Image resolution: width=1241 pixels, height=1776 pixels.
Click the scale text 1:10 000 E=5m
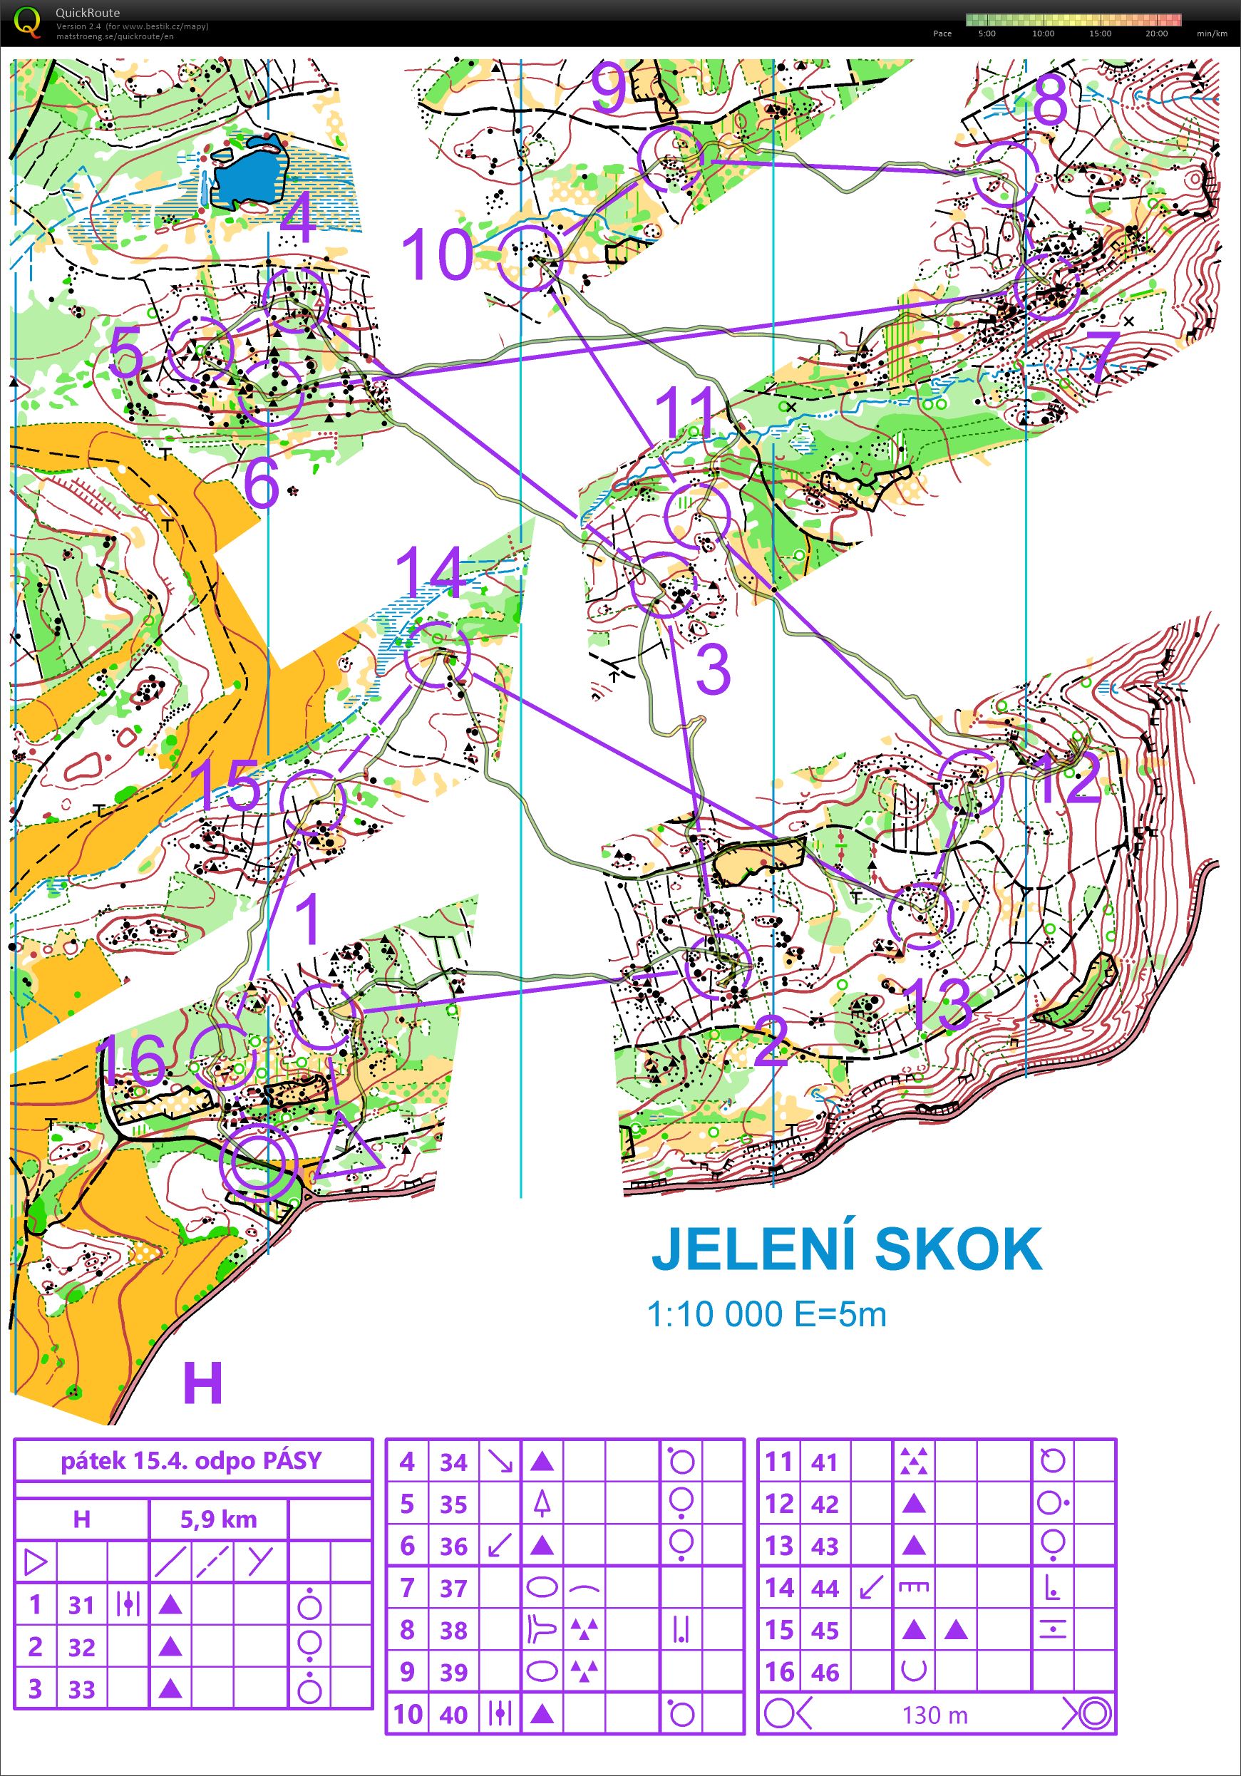[x=766, y=1314]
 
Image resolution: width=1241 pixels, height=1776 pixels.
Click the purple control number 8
[x=1050, y=100]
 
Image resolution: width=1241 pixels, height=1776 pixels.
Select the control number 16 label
[x=132, y=1059]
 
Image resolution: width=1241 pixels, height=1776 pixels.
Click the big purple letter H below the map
[x=202, y=1383]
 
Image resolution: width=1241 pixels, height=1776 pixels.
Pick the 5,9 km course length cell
[x=218, y=1519]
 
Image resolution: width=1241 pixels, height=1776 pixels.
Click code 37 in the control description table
[x=453, y=1588]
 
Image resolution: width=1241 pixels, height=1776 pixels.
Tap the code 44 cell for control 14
[x=825, y=1588]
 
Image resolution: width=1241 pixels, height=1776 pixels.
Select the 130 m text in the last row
[x=934, y=1715]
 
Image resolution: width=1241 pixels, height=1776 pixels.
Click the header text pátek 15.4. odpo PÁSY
[x=191, y=1460]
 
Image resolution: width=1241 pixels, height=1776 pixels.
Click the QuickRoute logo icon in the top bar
[x=27, y=21]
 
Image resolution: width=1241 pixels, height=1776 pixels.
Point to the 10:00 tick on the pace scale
[x=1043, y=33]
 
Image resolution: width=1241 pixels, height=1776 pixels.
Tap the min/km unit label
[x=1212, y=33]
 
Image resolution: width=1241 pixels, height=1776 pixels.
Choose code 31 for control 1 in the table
[x=82, y=1605]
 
